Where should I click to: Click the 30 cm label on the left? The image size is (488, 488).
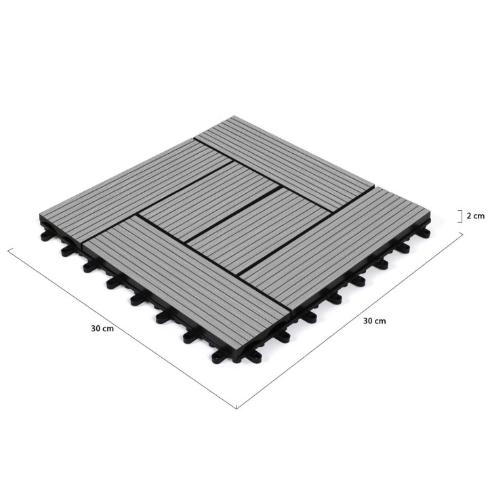[102, 327]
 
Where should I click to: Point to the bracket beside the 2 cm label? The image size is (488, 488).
[460, 216]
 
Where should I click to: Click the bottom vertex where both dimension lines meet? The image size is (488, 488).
[236, 409]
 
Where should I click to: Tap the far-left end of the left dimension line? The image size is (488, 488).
[8, 249]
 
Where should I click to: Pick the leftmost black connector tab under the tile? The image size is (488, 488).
[44, 237]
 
